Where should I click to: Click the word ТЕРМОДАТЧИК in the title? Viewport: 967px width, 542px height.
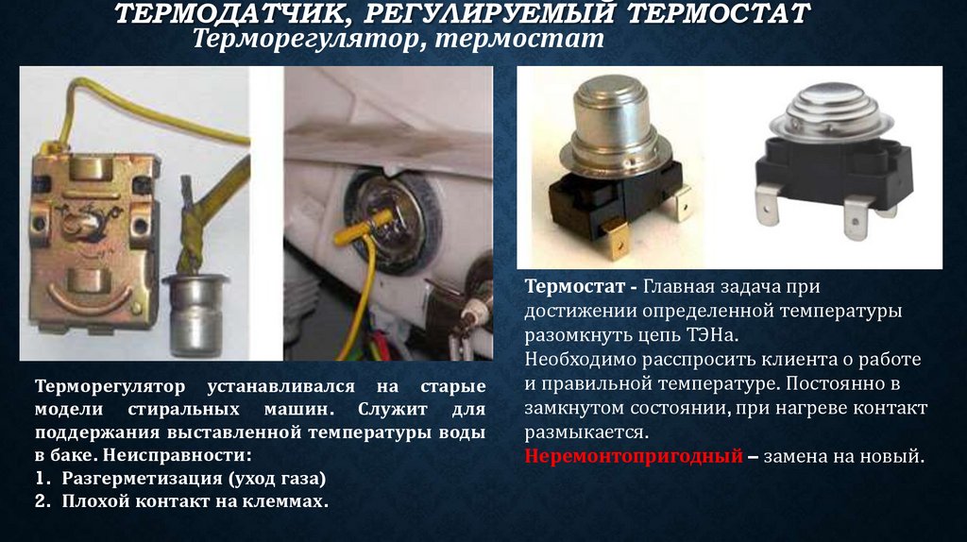[x=229, y=13]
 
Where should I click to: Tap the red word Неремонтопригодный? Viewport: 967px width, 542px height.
[x=634, y=456]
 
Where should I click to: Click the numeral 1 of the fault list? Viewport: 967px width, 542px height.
[x=42, y=479]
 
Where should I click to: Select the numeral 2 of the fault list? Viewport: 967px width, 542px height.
[x=42, y=501]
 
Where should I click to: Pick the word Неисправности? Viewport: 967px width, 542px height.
[x=178, y=456]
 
